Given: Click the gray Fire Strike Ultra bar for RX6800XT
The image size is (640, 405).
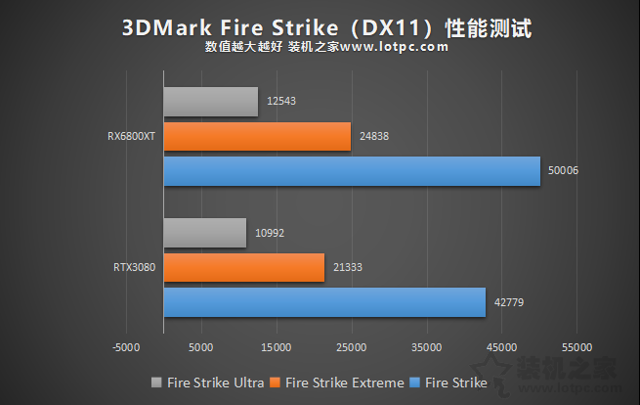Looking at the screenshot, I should coord(210,102).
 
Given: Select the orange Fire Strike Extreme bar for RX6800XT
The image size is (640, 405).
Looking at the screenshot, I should coord(257,137).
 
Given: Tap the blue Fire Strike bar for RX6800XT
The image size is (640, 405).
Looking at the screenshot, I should coord(351,171).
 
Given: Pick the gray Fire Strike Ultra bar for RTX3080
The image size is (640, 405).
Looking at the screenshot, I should coord(204,233).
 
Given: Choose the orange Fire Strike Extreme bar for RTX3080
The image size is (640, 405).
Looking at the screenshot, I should coord(243,267).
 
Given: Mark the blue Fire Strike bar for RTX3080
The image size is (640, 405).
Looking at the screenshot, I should coord(324,301).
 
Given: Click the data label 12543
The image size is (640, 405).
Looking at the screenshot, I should coord(282,102).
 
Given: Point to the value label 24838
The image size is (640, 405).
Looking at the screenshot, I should coord(373,137).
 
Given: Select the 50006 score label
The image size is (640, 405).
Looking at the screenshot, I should coord(563,171).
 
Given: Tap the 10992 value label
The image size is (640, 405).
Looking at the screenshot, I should coord(270,233).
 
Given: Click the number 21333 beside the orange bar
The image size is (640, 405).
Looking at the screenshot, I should coord(347,267).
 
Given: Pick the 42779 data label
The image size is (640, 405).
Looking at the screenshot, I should coord(509,301).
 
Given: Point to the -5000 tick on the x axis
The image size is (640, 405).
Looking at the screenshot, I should coord(126,347).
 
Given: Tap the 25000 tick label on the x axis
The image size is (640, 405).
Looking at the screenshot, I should coord(351,347).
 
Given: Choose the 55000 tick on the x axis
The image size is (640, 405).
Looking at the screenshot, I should coord(576,347).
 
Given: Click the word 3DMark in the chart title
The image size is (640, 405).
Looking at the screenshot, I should coord(161,27).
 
